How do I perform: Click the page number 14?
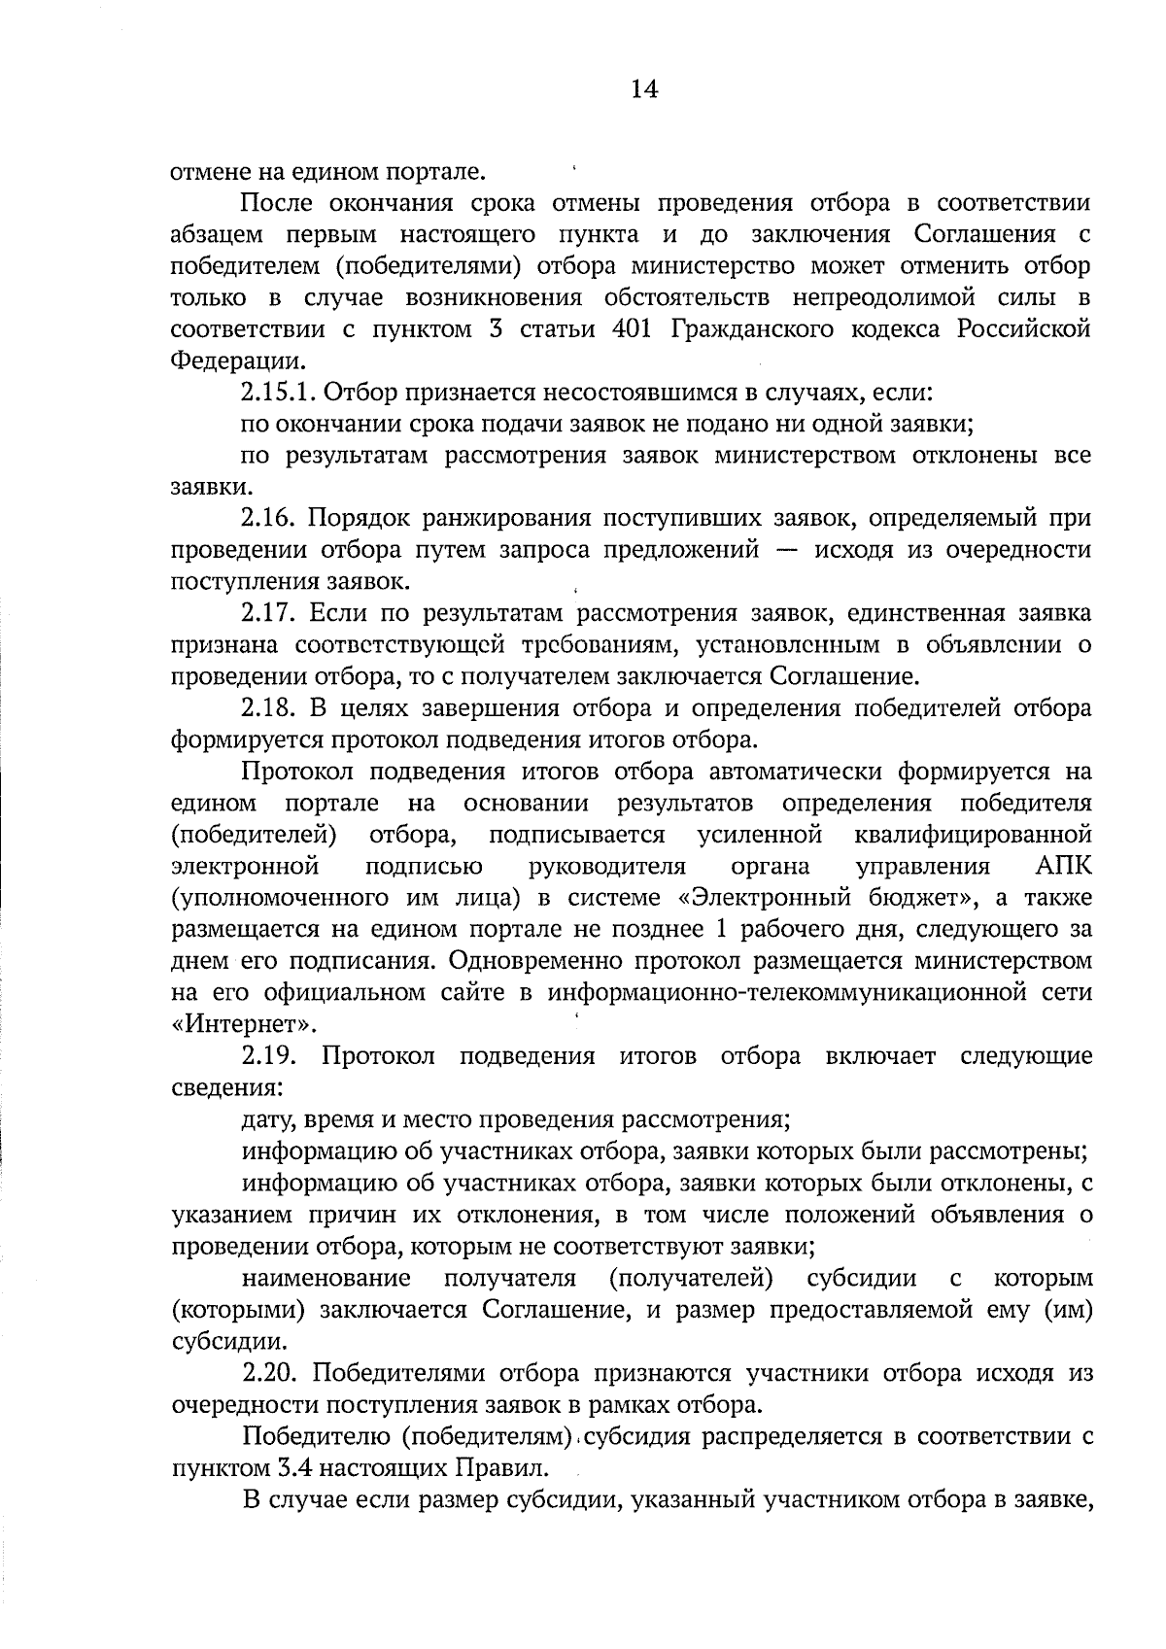click(x=643, y=89)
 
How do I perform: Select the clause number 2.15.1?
click(x=277, y=393)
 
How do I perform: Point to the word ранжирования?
click(x=473, y=519)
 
